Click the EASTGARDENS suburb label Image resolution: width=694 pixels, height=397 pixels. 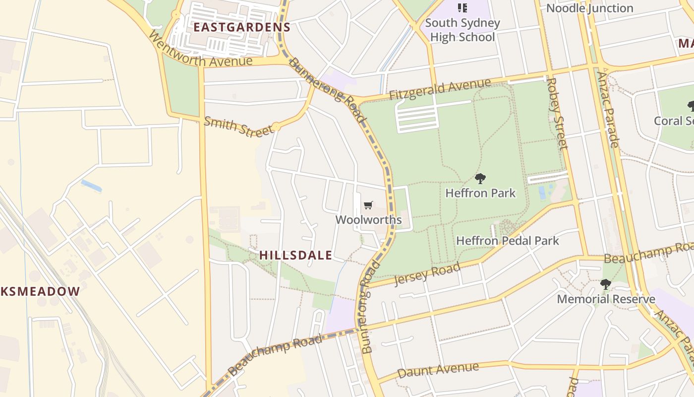click(x=241, y=27)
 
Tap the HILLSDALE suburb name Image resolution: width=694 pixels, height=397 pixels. click(x=295, y=255)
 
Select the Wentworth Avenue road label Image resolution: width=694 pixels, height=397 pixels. click(x=200, y=51)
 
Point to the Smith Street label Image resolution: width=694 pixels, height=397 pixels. click(x=238, y=126)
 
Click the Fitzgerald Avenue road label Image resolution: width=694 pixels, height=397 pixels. click(x=440, y=89)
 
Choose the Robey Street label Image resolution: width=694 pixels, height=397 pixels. click(x=557, y=113)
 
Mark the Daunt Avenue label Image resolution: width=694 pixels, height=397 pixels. click(x=438, y=370)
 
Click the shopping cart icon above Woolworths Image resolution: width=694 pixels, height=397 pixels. click(x=368, y=205)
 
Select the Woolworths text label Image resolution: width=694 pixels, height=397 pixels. click(x=368, y=219)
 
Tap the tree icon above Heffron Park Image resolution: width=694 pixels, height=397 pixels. click(x=480, y=179)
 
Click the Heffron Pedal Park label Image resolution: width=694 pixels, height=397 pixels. click(x=507, y=241)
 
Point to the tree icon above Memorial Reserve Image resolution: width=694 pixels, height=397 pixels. click(x=605, y=284)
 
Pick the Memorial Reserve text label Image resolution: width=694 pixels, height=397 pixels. click(x=606, y=299)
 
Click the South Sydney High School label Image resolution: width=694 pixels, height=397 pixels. click(x=463, y=30)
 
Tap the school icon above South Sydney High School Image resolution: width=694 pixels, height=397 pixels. click(x=463, y=7)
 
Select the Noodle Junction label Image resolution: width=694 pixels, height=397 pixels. click(x=589, y=8)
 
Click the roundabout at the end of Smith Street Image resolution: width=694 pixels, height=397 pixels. click(x=277, y=127)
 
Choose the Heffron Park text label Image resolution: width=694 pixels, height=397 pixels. click(x=480, y=193)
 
